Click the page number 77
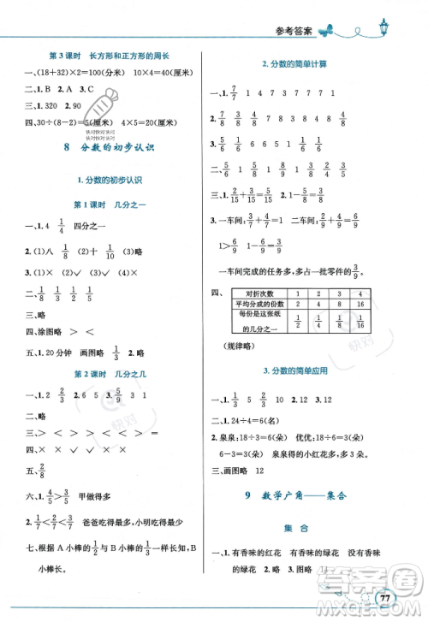click(x=386, y=599)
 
